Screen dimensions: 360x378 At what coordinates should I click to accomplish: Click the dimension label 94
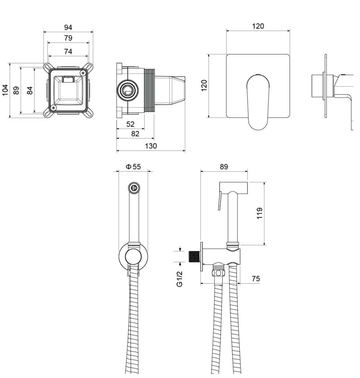click(x=68, y=27)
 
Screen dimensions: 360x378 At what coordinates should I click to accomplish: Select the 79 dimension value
click(x=68, y=38)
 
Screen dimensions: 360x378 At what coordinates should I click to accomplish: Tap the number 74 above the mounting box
click(x=68, y=51)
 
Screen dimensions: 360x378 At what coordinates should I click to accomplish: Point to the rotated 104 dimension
click(x=5, y=90)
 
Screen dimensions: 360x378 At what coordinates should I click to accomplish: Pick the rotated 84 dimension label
click(x=30, y=91)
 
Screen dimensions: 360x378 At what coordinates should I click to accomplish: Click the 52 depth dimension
click(x=130, y=124)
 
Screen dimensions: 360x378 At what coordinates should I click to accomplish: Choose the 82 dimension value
click(x=135, y=134)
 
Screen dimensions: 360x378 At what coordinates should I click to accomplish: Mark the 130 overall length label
click(x=151, y=146)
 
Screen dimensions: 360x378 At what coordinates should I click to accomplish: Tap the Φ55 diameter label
click(x=133, y=167)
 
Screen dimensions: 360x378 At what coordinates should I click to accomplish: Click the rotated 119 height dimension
click(x=260, y=213)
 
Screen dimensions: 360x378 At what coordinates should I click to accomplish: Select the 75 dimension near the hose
click(x=256, y=279)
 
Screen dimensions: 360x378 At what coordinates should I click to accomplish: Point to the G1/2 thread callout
click(x=179, y=279)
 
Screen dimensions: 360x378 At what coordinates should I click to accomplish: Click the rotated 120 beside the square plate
click(x=204, y=86)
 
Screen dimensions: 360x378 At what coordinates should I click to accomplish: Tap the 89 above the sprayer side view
click(x=224, y=167)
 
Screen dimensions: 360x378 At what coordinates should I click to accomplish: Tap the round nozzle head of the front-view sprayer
click(x=134, y=187)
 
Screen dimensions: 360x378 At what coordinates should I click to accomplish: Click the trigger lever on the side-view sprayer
click(x=220, y=200)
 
